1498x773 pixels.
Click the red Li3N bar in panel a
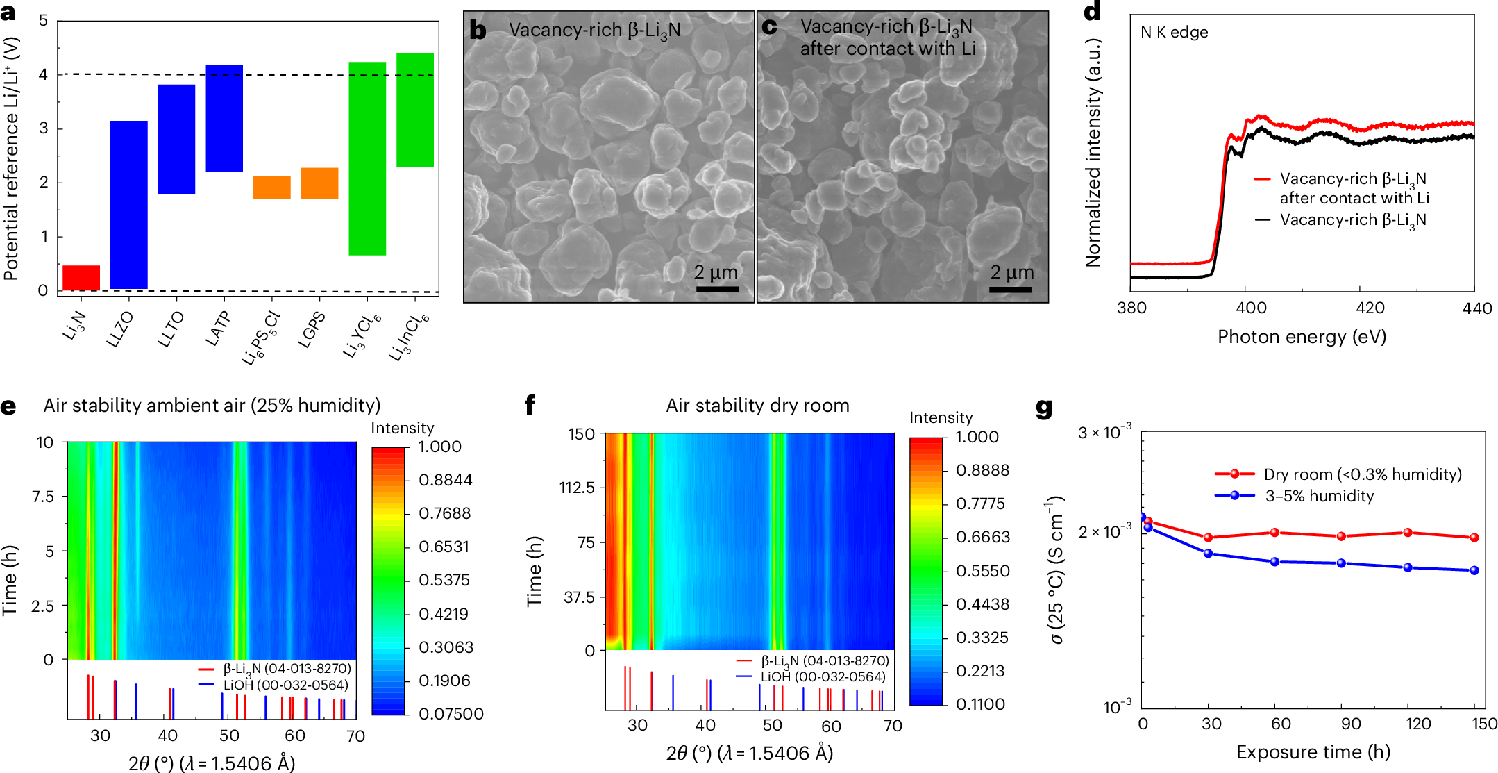[x=81, y=277]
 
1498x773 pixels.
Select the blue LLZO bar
[x=129, y=204]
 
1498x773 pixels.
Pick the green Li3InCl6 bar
[x=415, y=110]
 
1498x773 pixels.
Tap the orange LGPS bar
[x=319, y=183]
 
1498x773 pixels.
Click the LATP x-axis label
[x=217, y=329]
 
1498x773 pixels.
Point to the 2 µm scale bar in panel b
[x=716, y=289]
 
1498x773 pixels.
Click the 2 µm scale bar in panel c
[x=1010, y=289]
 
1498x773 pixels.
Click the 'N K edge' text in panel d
[x=1174, y=33]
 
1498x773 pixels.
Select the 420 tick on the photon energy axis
[x=1370, y=308]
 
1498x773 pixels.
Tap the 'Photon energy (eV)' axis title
[x=1302, y=337]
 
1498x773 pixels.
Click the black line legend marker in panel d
[x=1263, y=220]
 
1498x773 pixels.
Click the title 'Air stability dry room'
[x=757, y=406]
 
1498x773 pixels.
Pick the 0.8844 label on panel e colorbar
[x=445, y=480]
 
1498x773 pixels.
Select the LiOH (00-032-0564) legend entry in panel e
[x=285, y=685]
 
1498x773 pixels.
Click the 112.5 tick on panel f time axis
[x=578, y=488]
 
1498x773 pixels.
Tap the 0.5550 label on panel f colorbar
[x=982, y=571]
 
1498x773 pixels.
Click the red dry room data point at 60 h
[x=1274, y=533]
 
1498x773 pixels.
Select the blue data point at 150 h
[x=1474, y=570]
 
